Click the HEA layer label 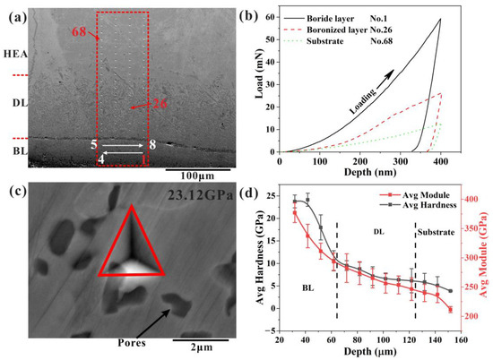tap(14, 55)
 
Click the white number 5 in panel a tap(93, 144)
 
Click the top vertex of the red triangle tap(131, 206)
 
